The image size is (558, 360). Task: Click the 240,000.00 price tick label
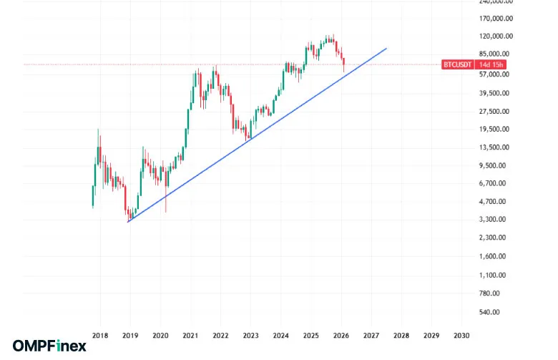(491, 2)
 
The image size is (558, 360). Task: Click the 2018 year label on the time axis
(100, 334)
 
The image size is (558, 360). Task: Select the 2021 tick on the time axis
(190, 334)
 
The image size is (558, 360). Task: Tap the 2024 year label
(281, 334)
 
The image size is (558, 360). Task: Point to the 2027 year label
(371, 334)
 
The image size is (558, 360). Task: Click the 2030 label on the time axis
(461, 334)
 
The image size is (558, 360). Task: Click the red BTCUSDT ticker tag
(456, 65)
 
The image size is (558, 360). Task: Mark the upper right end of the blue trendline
(386, 49)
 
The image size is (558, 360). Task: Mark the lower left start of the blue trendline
(128, 222)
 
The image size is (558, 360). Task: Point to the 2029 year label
(431, 334)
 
